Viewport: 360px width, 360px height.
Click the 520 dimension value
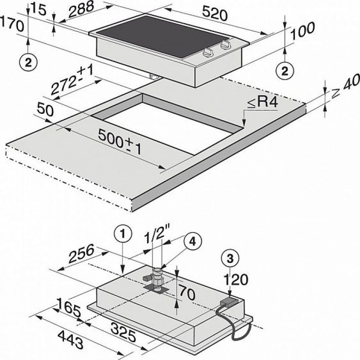tap(215, 14)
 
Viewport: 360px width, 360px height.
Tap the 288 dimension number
tap(81, 9)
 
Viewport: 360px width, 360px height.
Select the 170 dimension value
tap(12, 24)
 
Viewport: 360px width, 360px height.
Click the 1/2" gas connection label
tap(157, 234)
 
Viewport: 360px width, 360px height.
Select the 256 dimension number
tap(81, 253)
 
